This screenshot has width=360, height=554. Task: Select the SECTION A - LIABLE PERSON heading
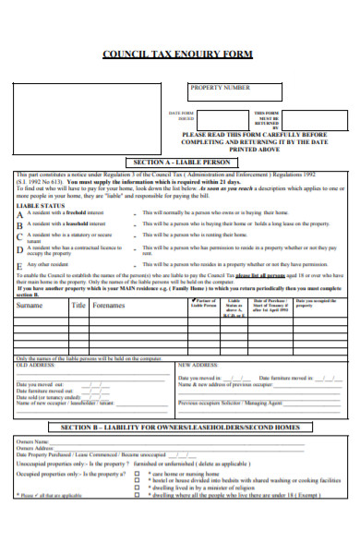pyautogui.click(x=180, y=161)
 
